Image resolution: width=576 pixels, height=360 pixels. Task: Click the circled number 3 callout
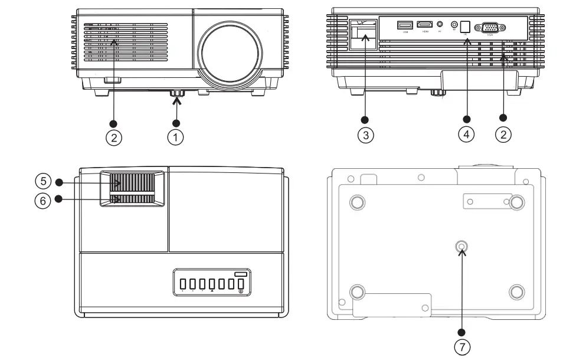click(365, 135)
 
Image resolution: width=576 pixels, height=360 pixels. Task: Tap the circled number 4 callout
click(466, 135)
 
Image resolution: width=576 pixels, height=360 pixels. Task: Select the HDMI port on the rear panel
click(424, 25)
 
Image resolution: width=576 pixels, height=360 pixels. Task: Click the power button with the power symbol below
click(241, 285)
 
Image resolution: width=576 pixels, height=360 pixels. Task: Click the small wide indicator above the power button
click(241, 273)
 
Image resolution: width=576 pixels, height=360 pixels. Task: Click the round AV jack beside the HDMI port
click(440, 25)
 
